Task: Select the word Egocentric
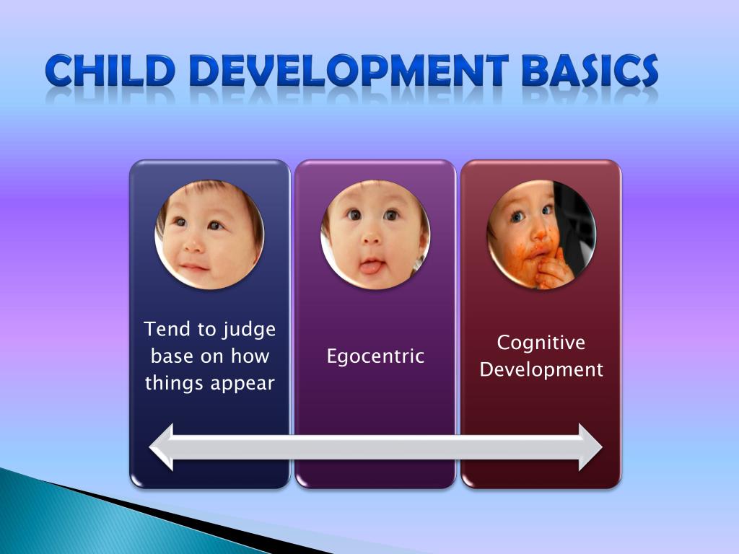375,356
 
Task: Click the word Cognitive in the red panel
541,343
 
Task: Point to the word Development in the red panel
541,370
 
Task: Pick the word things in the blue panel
173,383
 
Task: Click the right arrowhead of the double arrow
590,447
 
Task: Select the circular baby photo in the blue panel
209,234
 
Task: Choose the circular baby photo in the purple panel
375,234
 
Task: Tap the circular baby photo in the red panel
541,234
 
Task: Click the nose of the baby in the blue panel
194,243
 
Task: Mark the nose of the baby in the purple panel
372,239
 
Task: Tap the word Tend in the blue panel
169,330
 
